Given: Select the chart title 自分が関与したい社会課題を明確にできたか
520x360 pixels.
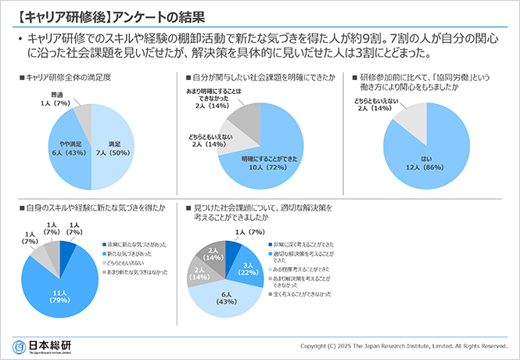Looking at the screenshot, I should [263, 78].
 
